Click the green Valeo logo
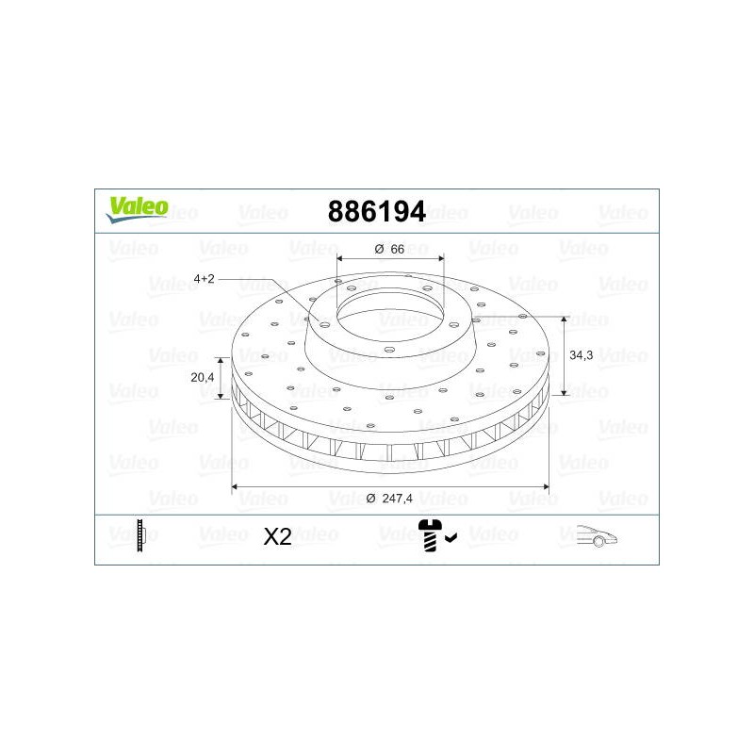[x=138, y=209]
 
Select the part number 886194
[x=376, y=211]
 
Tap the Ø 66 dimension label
[x=389, y=249]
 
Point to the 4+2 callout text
[x=204, y=278]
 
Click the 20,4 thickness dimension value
[x=202, y=377]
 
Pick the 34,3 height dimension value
[x=581, y=355]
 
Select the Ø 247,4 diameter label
[x=389, y=499]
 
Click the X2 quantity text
[x=277, y=536]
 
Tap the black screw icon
[x=430, y=535]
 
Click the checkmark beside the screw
[x=451, y=537]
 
